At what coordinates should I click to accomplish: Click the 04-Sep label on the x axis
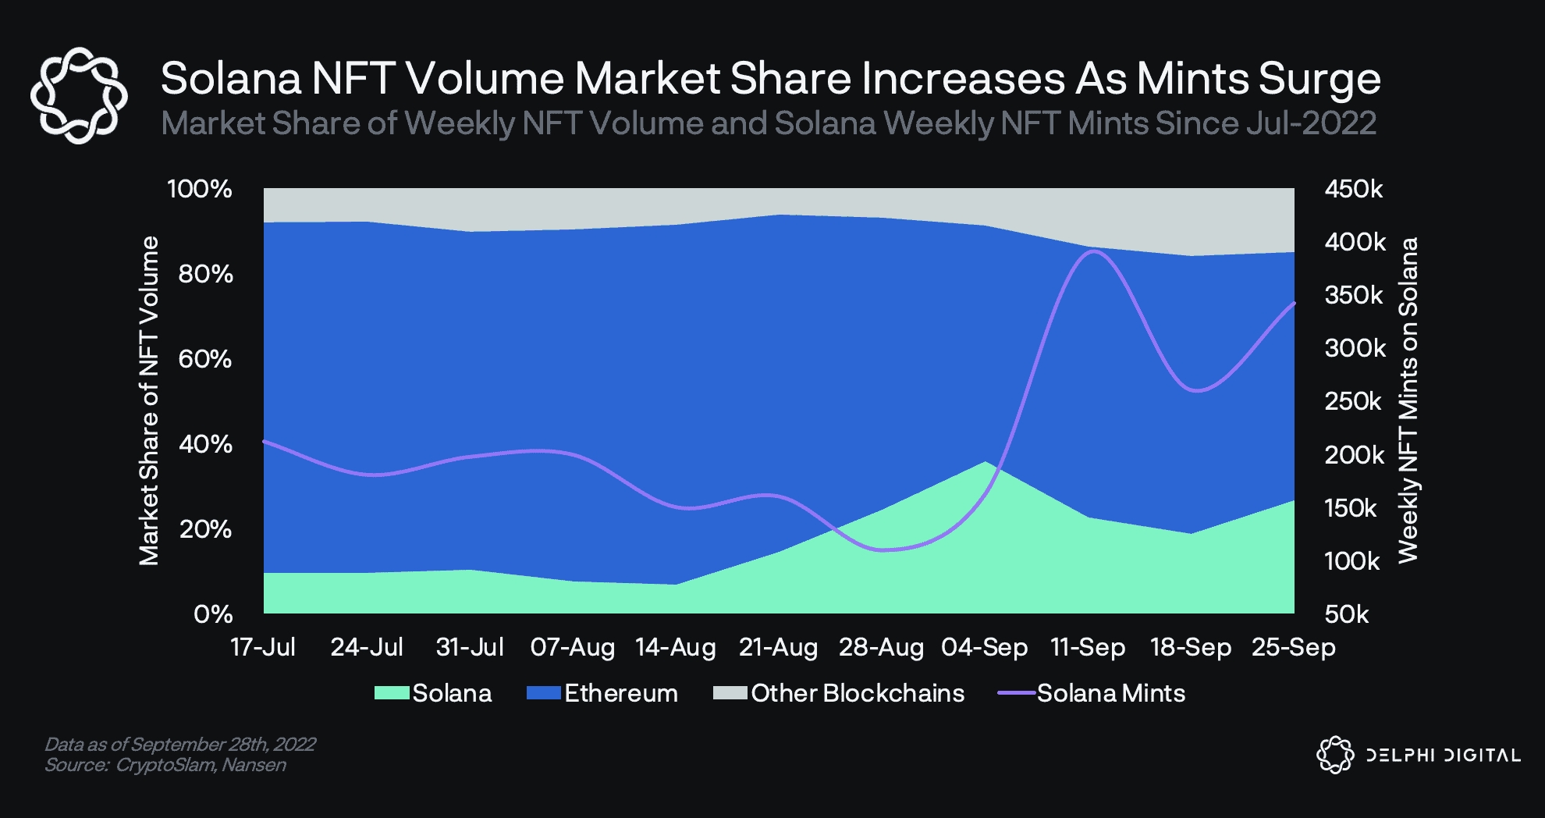pyautogui.click(x=984, y=647)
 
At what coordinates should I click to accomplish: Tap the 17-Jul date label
pyautogui.click(x=263, y=647)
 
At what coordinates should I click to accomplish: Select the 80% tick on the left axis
pyautogui.click(x=205, y=274)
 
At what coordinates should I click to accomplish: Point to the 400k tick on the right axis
pyautogui.click(x=1355, y=242)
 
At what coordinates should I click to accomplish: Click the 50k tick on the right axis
pyautogui.click(x=1347, y=614)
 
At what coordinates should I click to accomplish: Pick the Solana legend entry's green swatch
pyautogui.click(x=392, y=693)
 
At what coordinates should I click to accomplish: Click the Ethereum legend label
pyautogui.click(x=621, y=693)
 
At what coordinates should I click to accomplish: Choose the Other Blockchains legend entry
pyautogui.click(x=858, y=693)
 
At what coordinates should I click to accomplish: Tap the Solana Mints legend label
pyautogui.click(x=1110, y=693)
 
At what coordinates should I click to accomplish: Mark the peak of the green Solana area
pyautogui.click(x=986, y=462)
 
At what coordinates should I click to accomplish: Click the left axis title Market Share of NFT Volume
pyautogui.click(x=148, y=400)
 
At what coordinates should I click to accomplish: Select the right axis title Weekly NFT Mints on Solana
pyautogui.click(x=1408, y=400)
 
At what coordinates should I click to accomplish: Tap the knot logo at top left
pyautogui.click(x=79, y=95)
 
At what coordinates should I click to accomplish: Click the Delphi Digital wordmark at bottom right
pyautogui.click(x=1443, y=755)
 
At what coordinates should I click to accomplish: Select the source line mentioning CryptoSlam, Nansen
pyautogui.click(x=165, y=765)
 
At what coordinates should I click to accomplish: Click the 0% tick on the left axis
pyautogui.click(x=213, y=614)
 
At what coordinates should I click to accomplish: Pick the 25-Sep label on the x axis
pyautogui.click(x=1293, y=647)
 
